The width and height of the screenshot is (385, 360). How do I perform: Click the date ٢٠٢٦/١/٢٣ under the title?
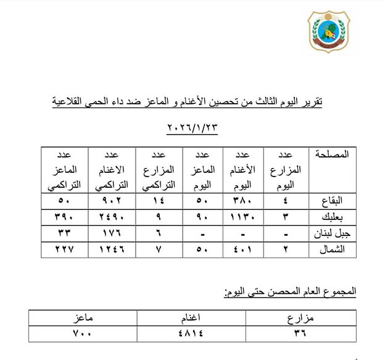click(192, 128)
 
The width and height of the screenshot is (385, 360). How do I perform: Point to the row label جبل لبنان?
click(329, 234)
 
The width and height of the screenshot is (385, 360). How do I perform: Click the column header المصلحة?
click(332, 154)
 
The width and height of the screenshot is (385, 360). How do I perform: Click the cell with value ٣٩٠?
click(64, 217)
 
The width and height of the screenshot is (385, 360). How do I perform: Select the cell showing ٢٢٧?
click(64, 249)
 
